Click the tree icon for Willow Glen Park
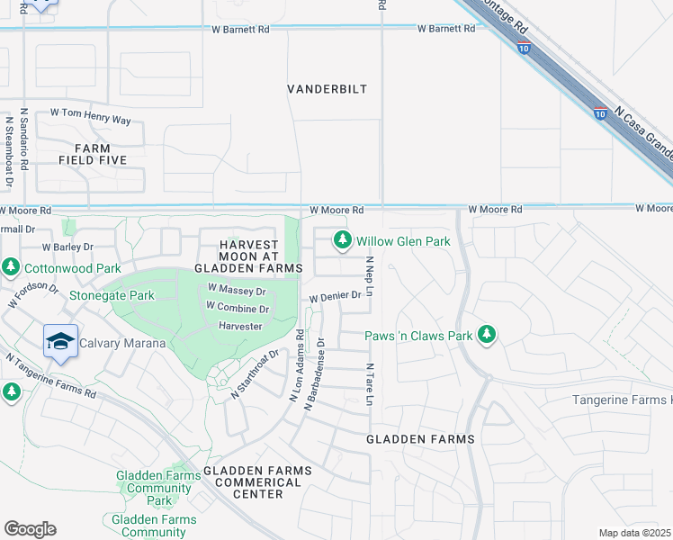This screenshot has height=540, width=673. click(342, 240)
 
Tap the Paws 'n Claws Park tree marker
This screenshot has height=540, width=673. click(487, 336)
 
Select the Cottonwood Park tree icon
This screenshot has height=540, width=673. click(10, 267)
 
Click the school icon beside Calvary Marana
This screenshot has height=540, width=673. click(60, 341)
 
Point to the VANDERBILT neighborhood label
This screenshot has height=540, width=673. click(327, 89)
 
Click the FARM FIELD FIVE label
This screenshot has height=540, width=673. click(93, 154)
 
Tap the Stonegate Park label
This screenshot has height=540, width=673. click(112, 295)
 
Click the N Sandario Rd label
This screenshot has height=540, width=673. click(24, 143)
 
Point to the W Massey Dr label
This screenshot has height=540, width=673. click(238, 291)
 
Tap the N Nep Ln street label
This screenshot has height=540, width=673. click(369, 276)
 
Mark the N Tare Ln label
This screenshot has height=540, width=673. click(369, 384)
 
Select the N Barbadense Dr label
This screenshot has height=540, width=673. click(314, 373)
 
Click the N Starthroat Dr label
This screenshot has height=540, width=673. click(250, 377)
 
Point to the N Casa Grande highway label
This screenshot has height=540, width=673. click(642, 136)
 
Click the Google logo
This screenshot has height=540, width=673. click(30, 529)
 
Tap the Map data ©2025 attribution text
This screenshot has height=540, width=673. click(634, 533)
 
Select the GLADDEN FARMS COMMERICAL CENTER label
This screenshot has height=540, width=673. click(257, 482)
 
